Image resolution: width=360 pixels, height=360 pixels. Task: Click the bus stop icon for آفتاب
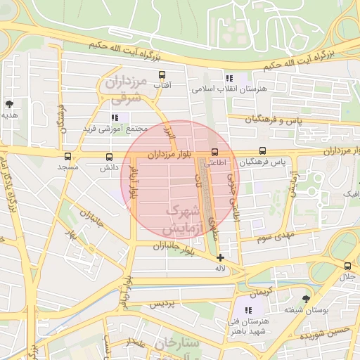162,75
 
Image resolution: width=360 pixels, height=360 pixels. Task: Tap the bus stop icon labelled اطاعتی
214,151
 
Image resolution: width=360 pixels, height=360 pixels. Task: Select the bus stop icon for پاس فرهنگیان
262,151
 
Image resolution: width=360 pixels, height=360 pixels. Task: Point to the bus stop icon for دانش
108,157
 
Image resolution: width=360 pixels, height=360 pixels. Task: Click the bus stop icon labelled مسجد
67,157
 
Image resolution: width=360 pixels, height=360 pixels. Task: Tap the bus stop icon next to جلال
347,266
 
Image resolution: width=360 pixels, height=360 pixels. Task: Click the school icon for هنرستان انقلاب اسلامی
229,79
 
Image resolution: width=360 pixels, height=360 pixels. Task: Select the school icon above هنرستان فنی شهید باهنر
248,310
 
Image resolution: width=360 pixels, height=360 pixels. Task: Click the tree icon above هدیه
9,104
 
